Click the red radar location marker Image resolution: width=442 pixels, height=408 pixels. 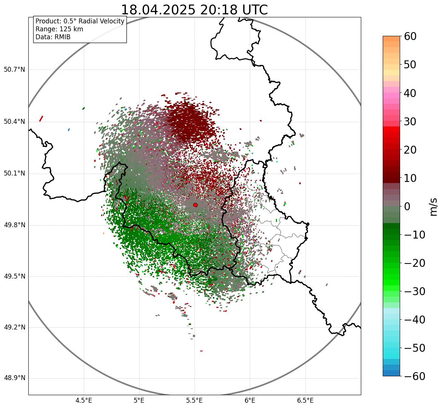coord(195,205)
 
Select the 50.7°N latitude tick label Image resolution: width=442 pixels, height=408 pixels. coord(14,69)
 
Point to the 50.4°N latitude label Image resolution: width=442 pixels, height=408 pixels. coord(14,122)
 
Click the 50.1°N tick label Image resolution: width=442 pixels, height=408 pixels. coord(14,174)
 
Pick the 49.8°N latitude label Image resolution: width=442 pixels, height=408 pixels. coord(14,225)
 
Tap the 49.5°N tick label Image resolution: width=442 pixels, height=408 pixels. coord(14,276)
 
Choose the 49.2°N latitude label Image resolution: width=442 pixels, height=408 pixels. coord(14,327)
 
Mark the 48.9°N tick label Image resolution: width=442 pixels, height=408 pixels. coord(14,378)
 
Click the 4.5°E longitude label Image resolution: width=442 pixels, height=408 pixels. coord(84,400)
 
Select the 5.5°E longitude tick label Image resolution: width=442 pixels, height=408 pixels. coord(194,400)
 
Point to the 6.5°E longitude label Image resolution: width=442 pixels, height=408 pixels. coord(305,400)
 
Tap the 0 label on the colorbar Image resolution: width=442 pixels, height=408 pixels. coord(407,206)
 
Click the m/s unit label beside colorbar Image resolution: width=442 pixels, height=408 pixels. coord(434,206)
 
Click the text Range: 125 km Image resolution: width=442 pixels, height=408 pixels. coord(59,29)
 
